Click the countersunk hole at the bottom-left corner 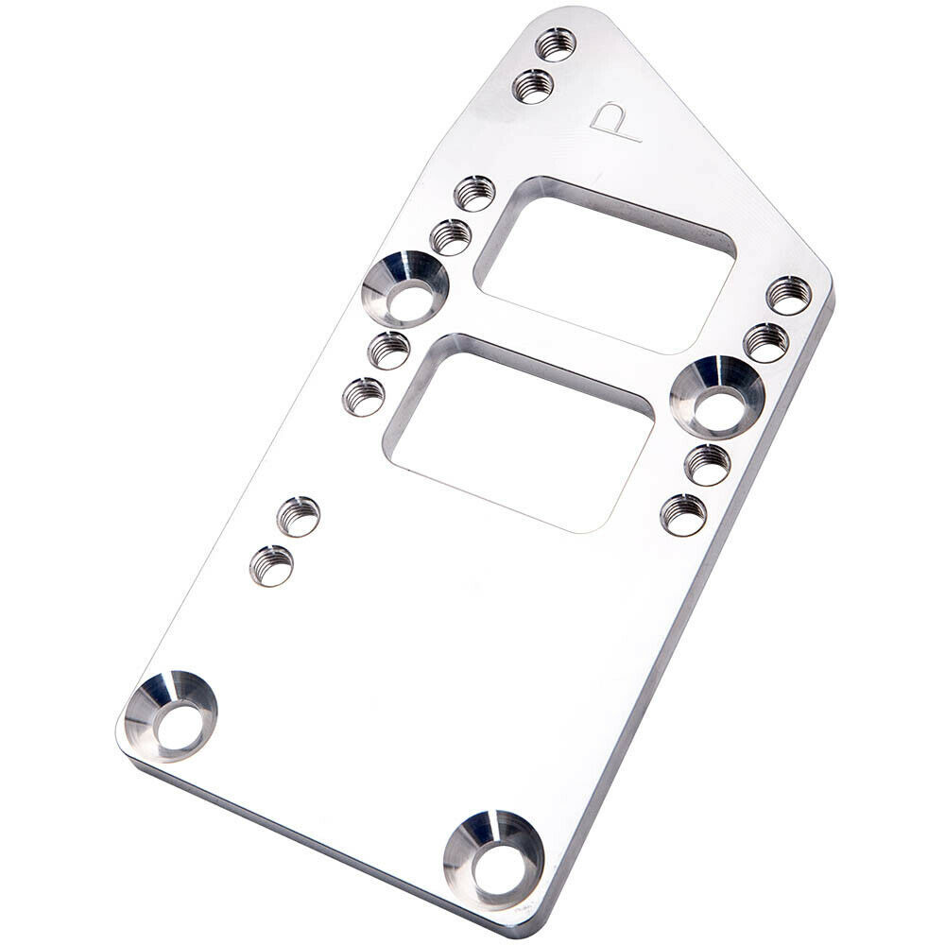tap(171, 715)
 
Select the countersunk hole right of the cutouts tap(717, 397)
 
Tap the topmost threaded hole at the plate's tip tap(556, 43)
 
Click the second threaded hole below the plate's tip tap(533, 86)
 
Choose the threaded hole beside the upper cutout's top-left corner tap(474, 193)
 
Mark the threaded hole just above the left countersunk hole tap(451, 236)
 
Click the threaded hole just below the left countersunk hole tap(388, 351)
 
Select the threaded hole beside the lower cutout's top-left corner tap(364, 396)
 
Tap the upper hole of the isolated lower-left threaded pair tap(299, 516)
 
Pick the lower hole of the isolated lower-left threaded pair tap(271, 565)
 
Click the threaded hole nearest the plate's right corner tap(789, 295)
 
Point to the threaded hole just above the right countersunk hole tap(766, 342)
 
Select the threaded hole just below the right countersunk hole tap(708, 464)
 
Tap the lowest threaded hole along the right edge tap(683, 514)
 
